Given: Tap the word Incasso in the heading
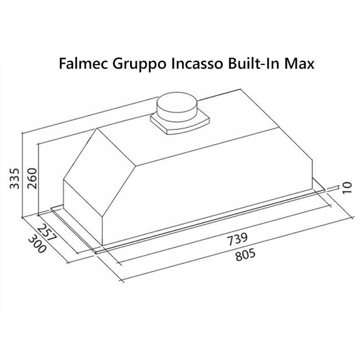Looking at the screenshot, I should (193, 64).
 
